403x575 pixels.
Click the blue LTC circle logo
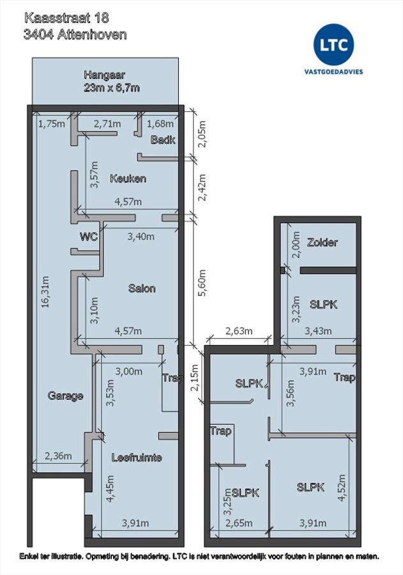[x=333, y=44]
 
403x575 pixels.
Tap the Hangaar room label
[x=105, y=75]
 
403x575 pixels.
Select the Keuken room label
[x=128, y=179]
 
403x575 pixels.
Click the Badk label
[x=163, y=140]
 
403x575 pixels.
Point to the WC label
[x=89, y=236]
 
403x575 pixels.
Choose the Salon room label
[x=142, y=288]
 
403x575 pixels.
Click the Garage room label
[x=65, y=396]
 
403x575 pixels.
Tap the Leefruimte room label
[x=137, y=457]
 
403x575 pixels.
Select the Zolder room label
[x=323, y=242]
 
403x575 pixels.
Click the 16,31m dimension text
[x=45, y=291]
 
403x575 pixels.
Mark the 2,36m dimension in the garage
[x=58, y=456]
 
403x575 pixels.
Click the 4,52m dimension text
[x=342, y=487]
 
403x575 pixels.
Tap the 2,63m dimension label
[x=239, y=331]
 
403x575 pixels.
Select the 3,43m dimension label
[x=318, y=331]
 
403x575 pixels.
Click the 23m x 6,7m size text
[x=112, y=88]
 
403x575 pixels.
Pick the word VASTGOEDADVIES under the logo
[x=333, y=72]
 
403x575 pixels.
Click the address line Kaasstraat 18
[x=66, y=18]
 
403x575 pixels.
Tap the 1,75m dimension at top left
[x=52, y=123]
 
